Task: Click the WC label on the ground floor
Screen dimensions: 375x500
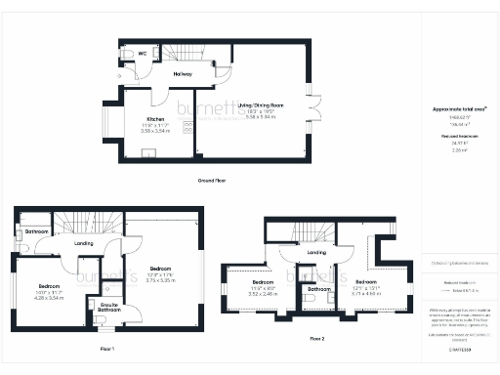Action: pyautogui.click(x=143, y=54)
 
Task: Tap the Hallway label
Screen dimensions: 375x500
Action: pyautogui.click(x=182, y=73)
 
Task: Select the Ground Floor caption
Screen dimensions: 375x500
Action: pyautogui.click(x=211, y=182)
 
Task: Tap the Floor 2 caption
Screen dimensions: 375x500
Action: pyautogui.click(x=317, y=338)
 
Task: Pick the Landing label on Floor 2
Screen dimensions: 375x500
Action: pyautogui.click(x=316, y=253)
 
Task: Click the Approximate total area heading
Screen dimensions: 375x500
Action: pyautogui.click(x=458, y=109)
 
